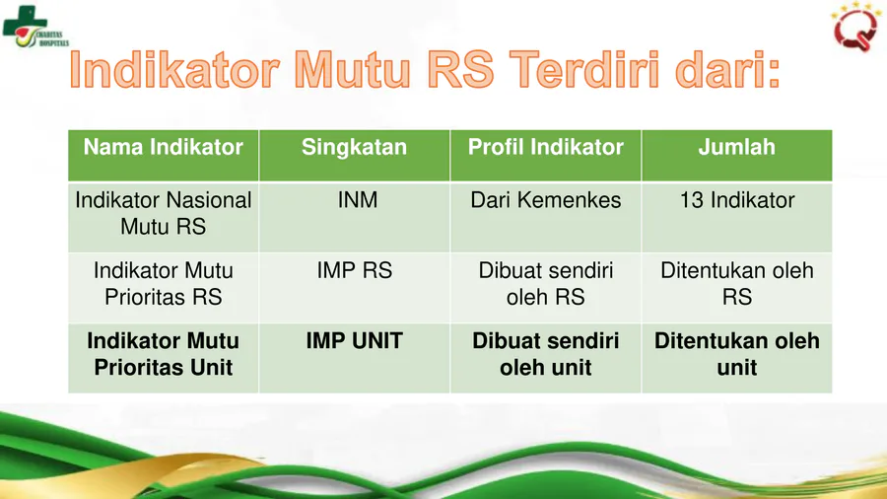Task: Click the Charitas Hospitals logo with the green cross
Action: coord(35,27)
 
